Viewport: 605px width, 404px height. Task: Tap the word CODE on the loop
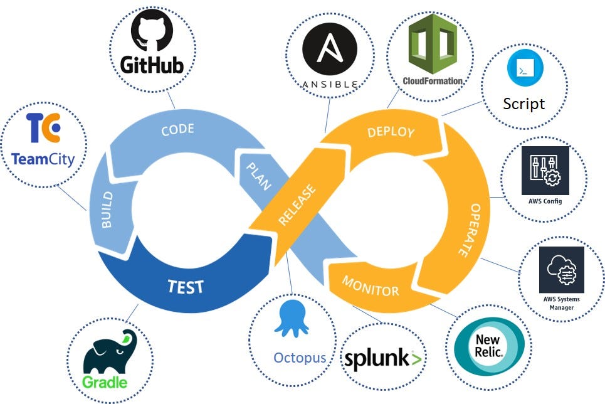click(177, 130)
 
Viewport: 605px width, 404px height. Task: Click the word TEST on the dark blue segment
click(186, 286)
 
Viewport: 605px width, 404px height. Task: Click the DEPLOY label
click(391, 132)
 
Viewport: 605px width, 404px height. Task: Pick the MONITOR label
click(370, 286)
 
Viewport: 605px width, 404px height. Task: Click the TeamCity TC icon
click(43, 129)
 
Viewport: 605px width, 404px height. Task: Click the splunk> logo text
click(383, 359)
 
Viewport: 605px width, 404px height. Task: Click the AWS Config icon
click(545, 171)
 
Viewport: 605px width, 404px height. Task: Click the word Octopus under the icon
click(300, 358)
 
